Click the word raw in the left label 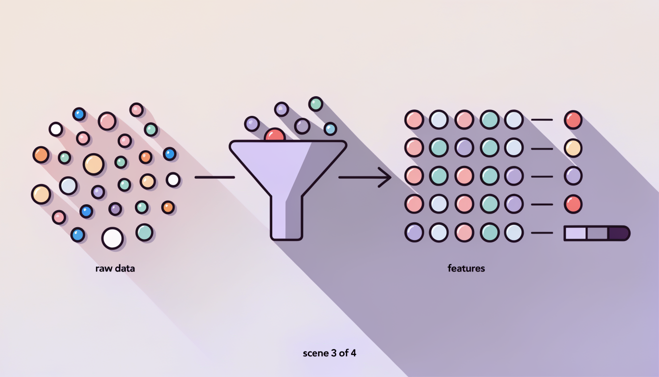(x=103, y=269)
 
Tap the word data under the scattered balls (x=125, y=268)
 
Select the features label (x=466, y=268)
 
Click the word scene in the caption (x=315, y=353)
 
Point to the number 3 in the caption (x=333, y=352)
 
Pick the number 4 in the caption (x=354, y=352)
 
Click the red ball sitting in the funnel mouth (x=275, y=135)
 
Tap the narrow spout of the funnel (x=286, y=217)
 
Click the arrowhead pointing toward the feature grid (x=385, y=177)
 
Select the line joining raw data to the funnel (x=215, y=177)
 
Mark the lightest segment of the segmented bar (x=575, y=233)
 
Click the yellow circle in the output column (x=573, y=148)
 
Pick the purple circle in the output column (x=573, y=176)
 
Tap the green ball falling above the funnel (x=316, y=104)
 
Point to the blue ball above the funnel (x=330, y=129)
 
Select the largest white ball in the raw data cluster (x=112, y=238)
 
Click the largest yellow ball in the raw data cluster (x=94, y=164)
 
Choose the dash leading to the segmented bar (x=542, y=233)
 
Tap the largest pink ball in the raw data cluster (x=107, y=121)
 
